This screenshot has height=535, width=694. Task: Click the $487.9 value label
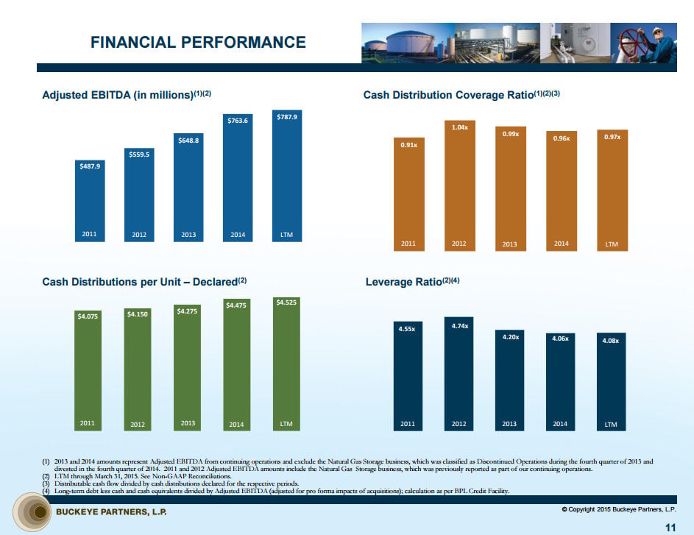(91, 166)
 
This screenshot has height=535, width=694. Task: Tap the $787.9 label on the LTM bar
(287, 116)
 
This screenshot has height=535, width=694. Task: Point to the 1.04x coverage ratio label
(459, 127)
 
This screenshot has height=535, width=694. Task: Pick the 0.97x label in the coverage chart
(612, 137)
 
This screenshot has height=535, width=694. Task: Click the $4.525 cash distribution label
(286, 302)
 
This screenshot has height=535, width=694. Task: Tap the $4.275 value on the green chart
(188, 311)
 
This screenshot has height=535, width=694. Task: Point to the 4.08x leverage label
(611, 341)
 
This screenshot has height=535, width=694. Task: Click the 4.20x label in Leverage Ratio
(511, 336)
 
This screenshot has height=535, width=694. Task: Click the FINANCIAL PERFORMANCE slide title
(198, 42)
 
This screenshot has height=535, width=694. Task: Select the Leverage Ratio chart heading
(412, 281)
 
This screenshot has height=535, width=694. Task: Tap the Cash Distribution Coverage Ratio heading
(462, 95)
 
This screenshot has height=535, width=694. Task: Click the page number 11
(670, 526)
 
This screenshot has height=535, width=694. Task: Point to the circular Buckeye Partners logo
(32, 512)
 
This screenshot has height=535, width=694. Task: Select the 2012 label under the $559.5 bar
(139, 235)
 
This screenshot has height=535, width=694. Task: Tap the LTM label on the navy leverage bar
(611, 425)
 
